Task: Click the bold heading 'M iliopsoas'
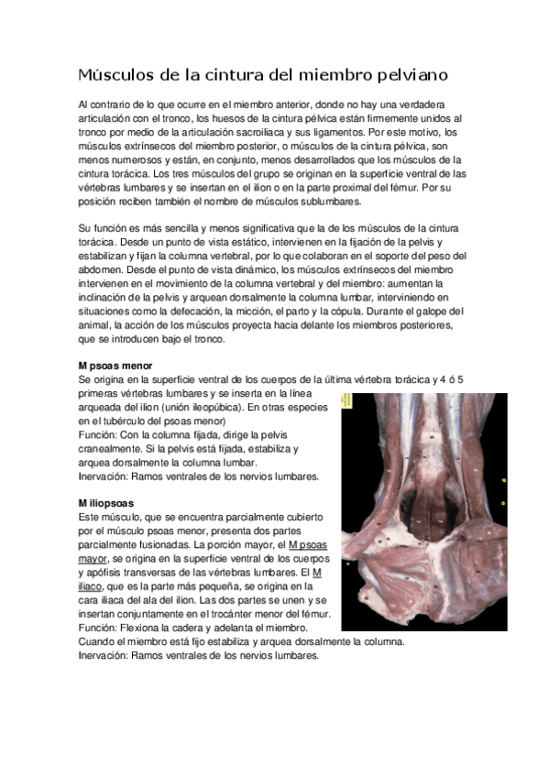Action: [106, 503]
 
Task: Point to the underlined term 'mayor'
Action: [100, 557]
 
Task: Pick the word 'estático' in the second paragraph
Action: [267, 243]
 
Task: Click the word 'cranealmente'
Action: [117, 449]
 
